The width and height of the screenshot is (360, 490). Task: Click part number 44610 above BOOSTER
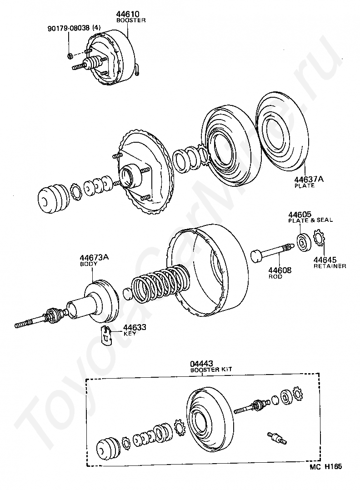click(128, 14)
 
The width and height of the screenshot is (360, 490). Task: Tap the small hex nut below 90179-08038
click(70, 56)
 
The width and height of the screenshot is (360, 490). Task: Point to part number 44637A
click(309, 180)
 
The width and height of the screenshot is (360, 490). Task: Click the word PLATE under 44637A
click(305, 185)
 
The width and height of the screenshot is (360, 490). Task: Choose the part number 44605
click(300, 215)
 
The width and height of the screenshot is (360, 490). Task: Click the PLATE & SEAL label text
click(310, 220)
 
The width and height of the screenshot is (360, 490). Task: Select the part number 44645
click(325, 260)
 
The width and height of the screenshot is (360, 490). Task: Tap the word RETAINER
click(330, 266)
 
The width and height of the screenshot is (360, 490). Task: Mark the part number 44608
click(280, 270)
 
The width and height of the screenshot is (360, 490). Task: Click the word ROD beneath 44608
click(275, 276)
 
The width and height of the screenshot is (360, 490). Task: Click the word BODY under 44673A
click(89, 264)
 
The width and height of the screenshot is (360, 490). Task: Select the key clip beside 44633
click(107, 335)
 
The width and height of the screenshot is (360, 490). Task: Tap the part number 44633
click(135, 327)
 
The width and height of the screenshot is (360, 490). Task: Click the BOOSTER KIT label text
click(211, 370)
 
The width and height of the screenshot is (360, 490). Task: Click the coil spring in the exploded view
click(160, 285)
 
